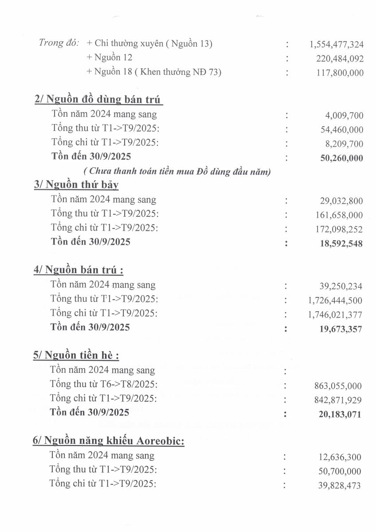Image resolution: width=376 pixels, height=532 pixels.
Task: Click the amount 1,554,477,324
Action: (336, 44)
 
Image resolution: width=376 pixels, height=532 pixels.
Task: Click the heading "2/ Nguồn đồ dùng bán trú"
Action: (98, 100)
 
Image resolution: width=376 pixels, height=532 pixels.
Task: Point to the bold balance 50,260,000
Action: (341, 158)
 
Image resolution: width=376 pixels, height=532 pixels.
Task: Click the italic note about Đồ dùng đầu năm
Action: (177, 172)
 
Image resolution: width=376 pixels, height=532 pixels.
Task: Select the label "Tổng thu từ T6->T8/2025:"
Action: (104, 384)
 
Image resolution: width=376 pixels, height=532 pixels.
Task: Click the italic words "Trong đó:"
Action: (59, 43)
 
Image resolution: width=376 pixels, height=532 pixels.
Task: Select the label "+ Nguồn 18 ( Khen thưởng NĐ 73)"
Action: (154, 72)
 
